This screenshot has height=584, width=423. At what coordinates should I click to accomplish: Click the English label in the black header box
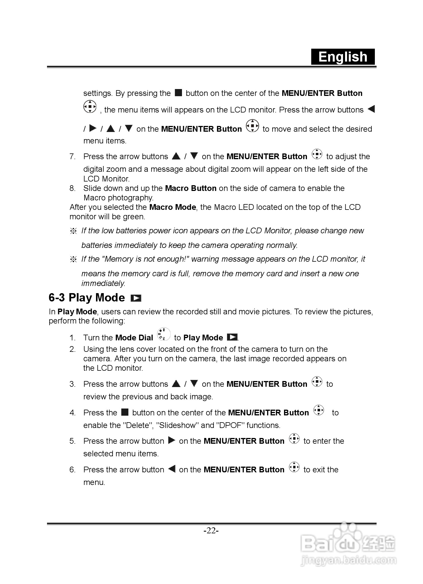pyautogui.click(x=343, y=57)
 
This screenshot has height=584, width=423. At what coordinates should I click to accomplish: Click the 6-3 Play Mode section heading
pyautogui.click(x=87, y=298)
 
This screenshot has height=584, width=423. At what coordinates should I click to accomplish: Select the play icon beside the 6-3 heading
pyautogui.click(x=136, y=298)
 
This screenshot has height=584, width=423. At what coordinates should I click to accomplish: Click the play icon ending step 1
pyautogui.click(x=232, y=337)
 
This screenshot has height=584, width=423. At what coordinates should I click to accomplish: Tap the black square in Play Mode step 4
pyautogui.click(x=125, y=412)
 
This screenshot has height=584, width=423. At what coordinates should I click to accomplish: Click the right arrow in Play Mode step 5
pyautogui.click(x=171, y=440)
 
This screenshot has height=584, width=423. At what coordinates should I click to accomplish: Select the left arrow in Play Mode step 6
pyautogui.click(x=172, y=469)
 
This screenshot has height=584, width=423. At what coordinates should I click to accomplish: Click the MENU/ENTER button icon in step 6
pyautogui.click(x=294, y=467)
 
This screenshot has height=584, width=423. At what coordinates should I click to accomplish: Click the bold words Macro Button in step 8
pyautogui.click(x=191, y=188)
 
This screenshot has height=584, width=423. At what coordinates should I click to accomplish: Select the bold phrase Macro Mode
pyautogui.click(x=173, y=207)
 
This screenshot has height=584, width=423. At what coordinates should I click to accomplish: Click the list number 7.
pyautogui.click(x=72, y=157)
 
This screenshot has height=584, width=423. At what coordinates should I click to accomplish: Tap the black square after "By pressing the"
pyautogui.click(x=178, y=93)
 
